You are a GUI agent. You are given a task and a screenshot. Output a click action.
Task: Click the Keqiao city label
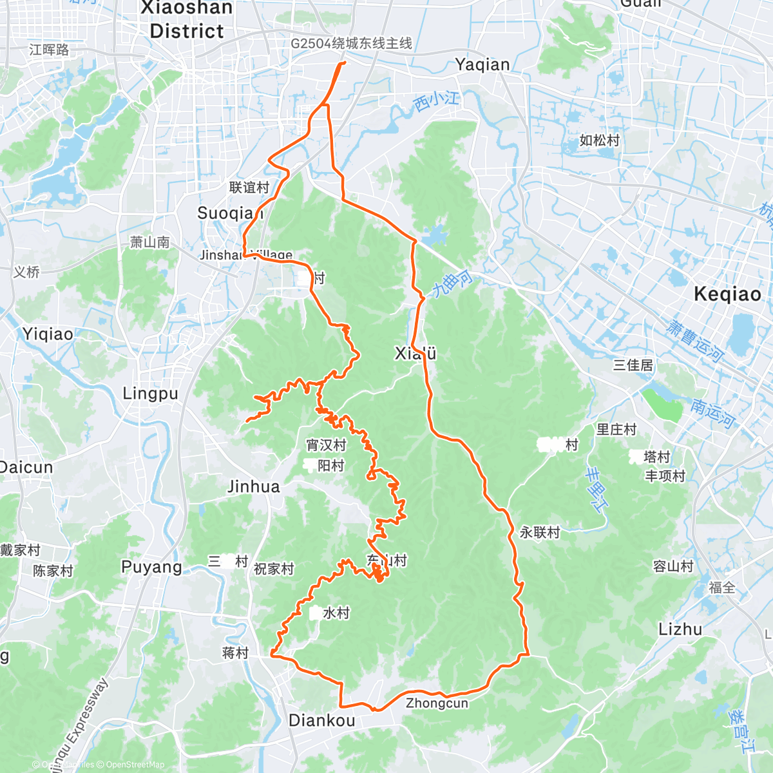(727, 294)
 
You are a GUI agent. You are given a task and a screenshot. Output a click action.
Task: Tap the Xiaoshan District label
(186, 19)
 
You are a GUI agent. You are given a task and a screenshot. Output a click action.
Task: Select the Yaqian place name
(482, 64)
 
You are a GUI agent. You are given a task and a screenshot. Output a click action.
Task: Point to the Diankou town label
(321, 721)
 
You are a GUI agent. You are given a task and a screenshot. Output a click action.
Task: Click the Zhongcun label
(437, 703)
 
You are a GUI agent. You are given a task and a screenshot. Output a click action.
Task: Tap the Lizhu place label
(680, 629)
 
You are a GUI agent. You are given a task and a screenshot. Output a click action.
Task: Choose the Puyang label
(152, 567)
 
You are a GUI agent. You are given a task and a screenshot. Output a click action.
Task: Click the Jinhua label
(254, 487)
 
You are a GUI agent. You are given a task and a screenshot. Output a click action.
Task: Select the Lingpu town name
(150, 394)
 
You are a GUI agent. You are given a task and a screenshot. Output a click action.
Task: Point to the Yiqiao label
(48, 334)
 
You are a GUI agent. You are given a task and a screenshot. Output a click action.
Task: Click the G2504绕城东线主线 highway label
(351, 44)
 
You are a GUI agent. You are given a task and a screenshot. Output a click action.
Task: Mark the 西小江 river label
(436, 100)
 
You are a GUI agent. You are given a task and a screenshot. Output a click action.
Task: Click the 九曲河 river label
(452, 284)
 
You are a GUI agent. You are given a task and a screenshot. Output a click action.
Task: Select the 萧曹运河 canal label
(695, 341)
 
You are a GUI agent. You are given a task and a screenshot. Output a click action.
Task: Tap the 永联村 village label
(540, 533)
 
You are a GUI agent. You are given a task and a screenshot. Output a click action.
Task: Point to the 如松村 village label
(599, 140)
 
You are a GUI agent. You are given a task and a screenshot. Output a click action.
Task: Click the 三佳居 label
(633, 365)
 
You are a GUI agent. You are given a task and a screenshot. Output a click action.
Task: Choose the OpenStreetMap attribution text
(135, 765)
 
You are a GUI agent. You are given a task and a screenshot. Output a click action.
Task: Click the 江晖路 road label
(49, 50)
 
